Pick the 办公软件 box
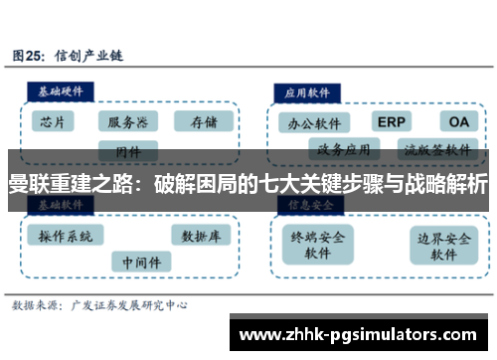(314, 123)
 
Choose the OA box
(456, 121)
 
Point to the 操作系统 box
(65, 236)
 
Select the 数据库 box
(201, 236)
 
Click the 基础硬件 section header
(61, 90)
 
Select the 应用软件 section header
(308, 90)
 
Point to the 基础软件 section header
(61, 204)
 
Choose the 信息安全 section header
(308, 204)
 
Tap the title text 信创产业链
(87, 55)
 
